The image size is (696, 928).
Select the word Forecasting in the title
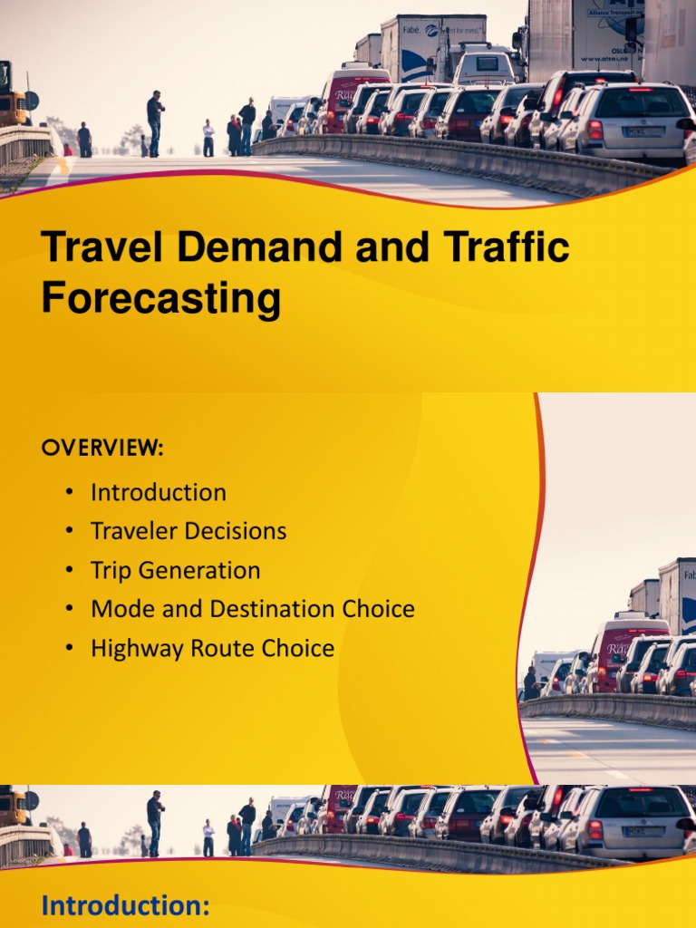[160, 298]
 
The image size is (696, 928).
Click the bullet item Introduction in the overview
[159, 493]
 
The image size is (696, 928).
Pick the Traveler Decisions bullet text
[188, 531]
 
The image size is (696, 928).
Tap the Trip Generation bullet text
[175, 570]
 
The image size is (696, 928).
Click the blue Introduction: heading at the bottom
[126, 905]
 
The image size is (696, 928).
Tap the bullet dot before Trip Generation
[69, 571]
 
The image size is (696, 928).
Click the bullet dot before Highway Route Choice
[69, 649]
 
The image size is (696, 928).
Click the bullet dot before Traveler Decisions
[69, 532]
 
